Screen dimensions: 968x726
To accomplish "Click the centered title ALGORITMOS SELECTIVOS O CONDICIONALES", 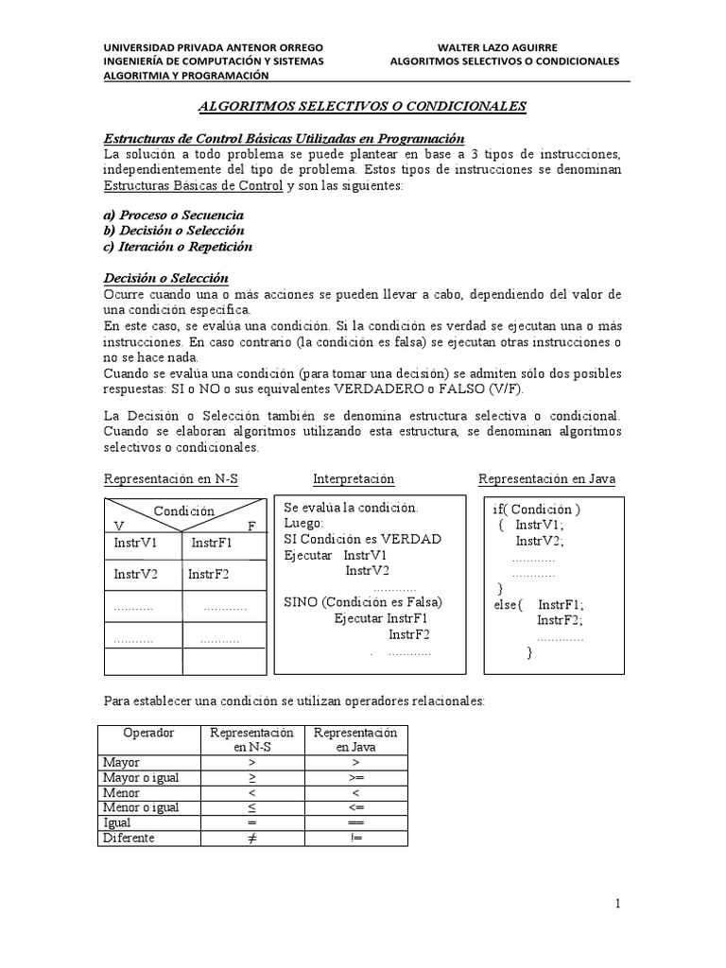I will tap(365, 108).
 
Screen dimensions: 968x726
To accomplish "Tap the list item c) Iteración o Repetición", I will tap(178, 246).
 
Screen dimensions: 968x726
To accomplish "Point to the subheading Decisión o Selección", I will tap(165, 278).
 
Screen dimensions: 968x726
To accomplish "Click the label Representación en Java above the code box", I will tap(546, 479).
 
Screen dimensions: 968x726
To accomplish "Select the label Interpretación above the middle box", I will tap(354, 479).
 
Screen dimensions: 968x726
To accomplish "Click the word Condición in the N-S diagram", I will tap(184, 510).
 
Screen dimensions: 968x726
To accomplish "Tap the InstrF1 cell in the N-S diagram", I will tap(212, 544).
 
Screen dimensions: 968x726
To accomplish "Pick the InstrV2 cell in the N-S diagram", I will tap(135, 574).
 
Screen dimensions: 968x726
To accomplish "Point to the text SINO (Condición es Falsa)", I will tap(363, 602).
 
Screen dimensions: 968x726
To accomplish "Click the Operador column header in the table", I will tap(145, 733).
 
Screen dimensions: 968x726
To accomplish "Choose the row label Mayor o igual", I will tap(140, 777).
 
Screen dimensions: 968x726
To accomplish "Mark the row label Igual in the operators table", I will tap(118, 823).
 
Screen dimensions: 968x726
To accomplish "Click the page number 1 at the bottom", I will tap(617, 904).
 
